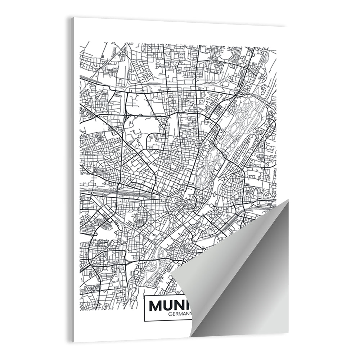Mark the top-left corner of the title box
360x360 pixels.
[x=144, y=296]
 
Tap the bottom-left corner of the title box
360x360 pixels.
[x=144, y=321]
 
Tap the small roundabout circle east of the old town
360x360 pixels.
[x=211, y=206]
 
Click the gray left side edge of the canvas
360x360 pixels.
[x=72, y=180]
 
